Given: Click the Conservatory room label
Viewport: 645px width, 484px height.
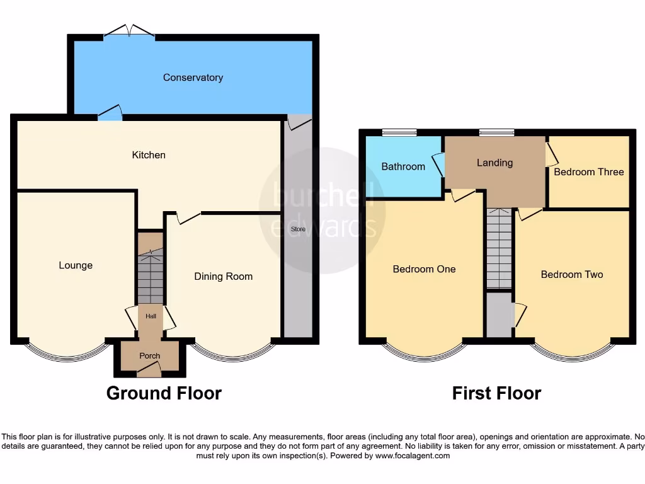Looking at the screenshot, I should tap(193, 78).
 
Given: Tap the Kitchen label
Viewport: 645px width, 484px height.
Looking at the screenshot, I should tap(149, 154).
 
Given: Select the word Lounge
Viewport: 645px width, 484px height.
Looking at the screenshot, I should tap(76, 265).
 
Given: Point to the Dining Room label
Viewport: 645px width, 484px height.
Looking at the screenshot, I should tap(223, 276).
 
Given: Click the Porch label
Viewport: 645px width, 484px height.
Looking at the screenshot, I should tap(150, 356).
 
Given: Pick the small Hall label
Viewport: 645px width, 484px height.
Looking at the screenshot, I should tap(151, 316).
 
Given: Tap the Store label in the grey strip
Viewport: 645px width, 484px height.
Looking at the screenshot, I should tap(298, 229).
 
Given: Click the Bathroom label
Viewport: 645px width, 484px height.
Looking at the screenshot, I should tap(403, 166).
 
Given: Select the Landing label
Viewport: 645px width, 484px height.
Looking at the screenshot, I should tap(494, 163).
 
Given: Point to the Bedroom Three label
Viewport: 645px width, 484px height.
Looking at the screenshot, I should tap(589, 171).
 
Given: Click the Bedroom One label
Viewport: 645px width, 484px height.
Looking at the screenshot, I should tap(424, 269).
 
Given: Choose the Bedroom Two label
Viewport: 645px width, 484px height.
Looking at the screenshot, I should tap(572, 274).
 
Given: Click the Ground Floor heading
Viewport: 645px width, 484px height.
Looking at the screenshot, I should tap(164, 393).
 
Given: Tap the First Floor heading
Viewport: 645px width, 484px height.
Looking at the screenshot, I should tap(496, 393).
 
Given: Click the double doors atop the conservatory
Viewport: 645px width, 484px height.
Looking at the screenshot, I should tap(129, 31).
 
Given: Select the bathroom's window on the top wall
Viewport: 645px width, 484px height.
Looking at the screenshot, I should tap(399, 132).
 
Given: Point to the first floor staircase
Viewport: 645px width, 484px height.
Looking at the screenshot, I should tap(499, 249).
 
